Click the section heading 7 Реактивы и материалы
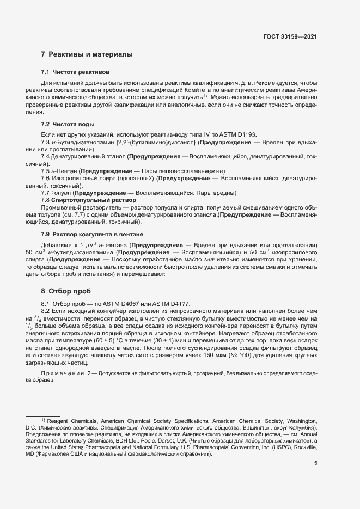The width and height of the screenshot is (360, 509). coord(87,54)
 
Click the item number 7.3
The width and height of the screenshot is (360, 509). coord(46,142)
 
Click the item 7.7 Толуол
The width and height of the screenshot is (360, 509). coord(57,193)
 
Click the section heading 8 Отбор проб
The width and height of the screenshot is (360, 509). coord(65,291)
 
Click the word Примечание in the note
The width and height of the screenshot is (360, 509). coord(61,373)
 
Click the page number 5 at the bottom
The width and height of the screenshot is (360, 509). coord(315,463)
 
